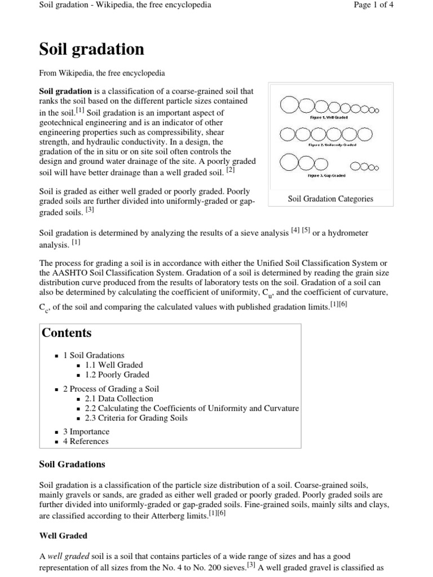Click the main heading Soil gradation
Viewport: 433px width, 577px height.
pyautogui.click(x=91, y=50)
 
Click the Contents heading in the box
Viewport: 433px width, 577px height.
pyautogui.click(x=67, y=333)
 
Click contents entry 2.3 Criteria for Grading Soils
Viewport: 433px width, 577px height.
pyautogui.click(x=136, y=418)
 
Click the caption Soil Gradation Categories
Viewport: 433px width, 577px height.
pyautogui.click(x=330, y=199)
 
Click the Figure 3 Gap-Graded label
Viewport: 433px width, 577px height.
pyautogui.click(x=327, y=175)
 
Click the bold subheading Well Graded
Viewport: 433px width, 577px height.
pyautogui.click(x=63, y=535)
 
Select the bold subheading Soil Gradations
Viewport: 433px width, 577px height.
pyautogui.click(x=72, y=464)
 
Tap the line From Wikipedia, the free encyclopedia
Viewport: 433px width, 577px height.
pyautogui.click(x=101, y=73)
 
